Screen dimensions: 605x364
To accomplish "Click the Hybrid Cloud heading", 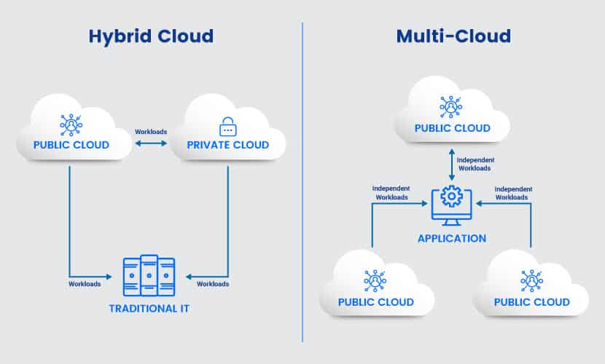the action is tap(152, 37).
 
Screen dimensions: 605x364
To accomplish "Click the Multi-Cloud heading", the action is tap(453, 36).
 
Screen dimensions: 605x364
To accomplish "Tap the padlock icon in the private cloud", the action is tap(228, 127).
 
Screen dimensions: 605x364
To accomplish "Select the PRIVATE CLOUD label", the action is tap(228, 145).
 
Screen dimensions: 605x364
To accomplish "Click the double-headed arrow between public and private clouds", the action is tap(151, 143).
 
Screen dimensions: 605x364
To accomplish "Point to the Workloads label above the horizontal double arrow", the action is tap(151, 132).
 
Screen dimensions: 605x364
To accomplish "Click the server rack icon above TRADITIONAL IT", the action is tap(149, 275).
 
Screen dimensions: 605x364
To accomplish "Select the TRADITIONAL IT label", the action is tap(149, 309).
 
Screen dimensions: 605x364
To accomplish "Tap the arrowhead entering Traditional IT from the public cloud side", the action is tap(109, 277).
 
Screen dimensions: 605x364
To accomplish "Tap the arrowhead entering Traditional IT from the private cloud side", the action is tap(189, 277).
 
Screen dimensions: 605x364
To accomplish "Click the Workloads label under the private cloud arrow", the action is tap(213, 284).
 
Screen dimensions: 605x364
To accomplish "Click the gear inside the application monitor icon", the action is tap(451, 197).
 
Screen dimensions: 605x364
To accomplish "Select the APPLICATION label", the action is tap(452, 239).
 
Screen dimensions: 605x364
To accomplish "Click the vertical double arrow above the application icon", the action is tap(452, 165).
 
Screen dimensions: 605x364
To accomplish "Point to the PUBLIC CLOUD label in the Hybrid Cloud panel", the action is tap(71, 145).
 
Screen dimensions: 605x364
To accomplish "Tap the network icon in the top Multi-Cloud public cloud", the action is tap(450, 106).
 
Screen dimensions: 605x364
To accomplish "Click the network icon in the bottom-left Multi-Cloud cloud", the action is tap(375, 280).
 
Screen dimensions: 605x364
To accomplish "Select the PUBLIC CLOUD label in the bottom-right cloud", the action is tap(531, 302).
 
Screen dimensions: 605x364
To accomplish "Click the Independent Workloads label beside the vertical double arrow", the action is tap(475, 164).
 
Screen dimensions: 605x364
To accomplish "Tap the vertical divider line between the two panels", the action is tap(302, 182).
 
